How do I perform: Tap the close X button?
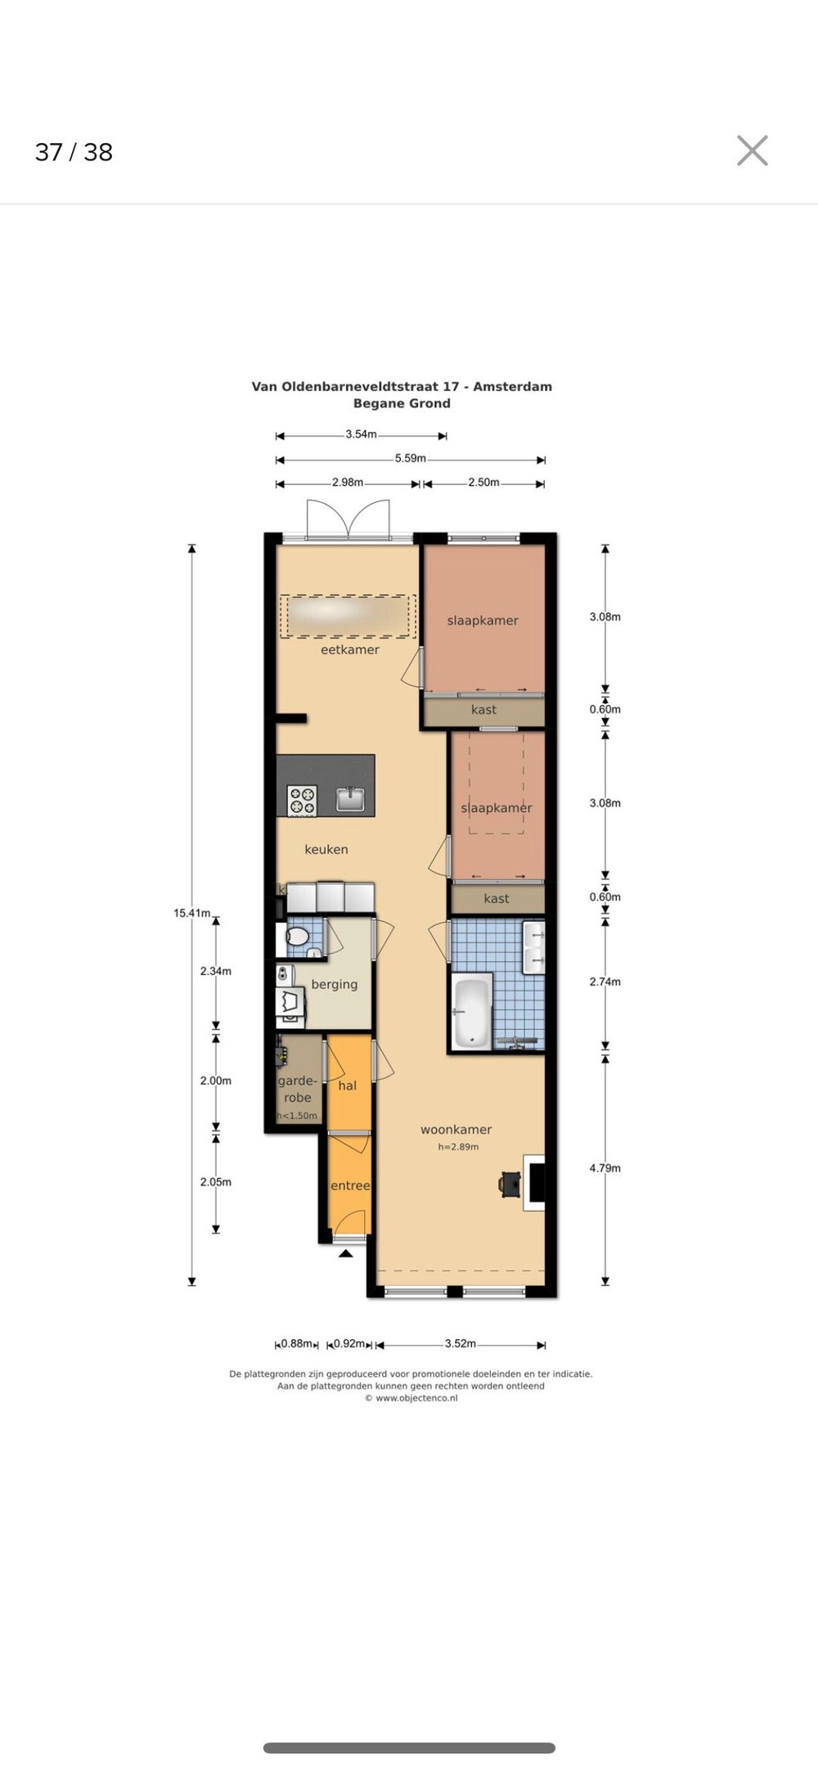click(752, 151)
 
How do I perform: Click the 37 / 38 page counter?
click(74, 152)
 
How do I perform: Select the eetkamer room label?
click(350, 650)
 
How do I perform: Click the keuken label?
click(326, 849)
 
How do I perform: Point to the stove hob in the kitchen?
click(302, 799)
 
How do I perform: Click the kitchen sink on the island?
click(351, 798)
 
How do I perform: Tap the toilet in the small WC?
click(296, 936)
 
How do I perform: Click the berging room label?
click(335, 984)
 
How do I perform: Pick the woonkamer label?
click(456, 1130)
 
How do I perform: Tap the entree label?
click(350, 1185)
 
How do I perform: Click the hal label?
click(348, 1086)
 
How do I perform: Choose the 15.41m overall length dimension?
click(191, 913)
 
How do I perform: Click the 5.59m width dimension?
click(411, 458)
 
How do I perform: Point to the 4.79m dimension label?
click(605, 1168)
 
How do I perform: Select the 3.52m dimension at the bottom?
click(461, 1343)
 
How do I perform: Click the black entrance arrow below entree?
click(347, 1252)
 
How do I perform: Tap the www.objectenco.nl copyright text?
click(411, 1398)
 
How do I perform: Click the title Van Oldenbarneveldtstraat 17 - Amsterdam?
click(402, 386)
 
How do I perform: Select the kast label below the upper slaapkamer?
click(483, 709)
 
